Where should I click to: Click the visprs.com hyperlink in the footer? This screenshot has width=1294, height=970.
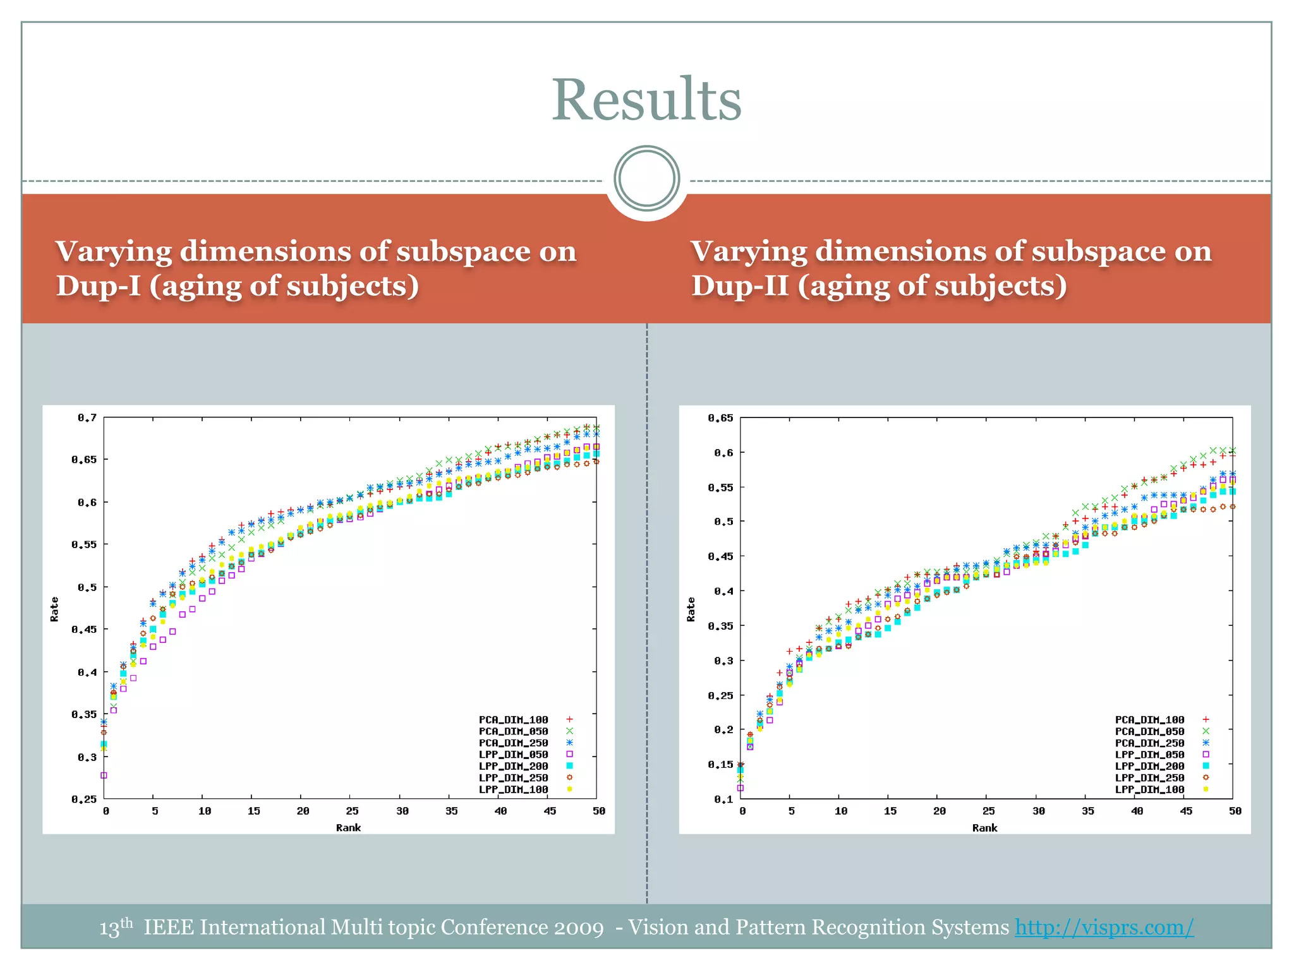pos(1104,927)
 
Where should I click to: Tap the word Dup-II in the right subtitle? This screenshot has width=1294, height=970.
pos(739,285)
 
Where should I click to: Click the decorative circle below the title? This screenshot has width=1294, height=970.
pos(646,179)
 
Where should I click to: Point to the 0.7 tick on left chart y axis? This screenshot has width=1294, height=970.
pos(87,417)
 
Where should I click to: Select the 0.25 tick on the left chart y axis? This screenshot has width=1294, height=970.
pos(84,799)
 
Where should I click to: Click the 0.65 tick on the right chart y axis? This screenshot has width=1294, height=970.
pos(720,417)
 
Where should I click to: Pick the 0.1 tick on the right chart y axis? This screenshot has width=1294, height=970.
pos(723,799)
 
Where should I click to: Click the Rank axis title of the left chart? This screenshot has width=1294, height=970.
pos(348,827)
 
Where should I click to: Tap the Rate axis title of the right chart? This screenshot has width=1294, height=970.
pos(691,609)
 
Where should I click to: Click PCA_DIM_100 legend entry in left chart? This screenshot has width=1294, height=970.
pos(513,719)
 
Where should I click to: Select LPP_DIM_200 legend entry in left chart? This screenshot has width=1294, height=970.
pos(513,766)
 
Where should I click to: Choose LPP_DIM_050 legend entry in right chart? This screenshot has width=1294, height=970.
pos(1149,754)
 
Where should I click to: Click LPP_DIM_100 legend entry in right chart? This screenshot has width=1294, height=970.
pos(1149,789)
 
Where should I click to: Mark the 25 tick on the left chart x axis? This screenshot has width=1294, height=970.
pos(352,811)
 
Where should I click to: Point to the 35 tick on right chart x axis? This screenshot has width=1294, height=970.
pos(1087,811)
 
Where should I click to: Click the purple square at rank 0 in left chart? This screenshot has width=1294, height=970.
pos(104,775)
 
